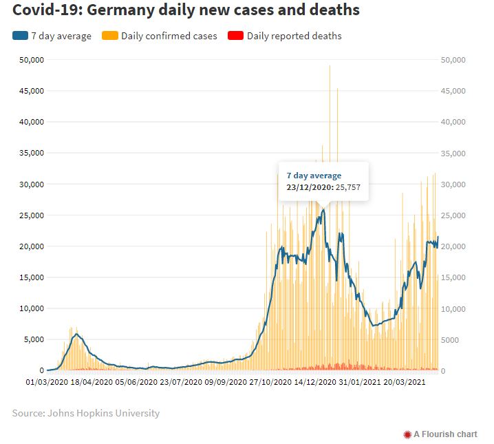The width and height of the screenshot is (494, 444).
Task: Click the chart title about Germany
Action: (x=186, y=10)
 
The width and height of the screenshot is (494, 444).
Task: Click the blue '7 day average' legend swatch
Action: (x=19, y=36)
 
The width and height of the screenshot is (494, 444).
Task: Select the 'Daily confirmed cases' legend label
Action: (x=169, y=36)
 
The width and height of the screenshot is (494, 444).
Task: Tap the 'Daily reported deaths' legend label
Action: (x=294, y=36)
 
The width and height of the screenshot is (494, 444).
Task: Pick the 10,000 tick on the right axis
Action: (x=452, y=309)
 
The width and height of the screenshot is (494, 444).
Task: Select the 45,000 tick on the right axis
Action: (x=452, y=92)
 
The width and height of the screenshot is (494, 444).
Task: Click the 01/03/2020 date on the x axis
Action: (x=47, y=381)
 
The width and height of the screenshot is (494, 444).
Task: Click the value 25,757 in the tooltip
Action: (x=349, y=187)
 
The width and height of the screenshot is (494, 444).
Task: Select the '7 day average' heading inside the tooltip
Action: (x=314, y=176)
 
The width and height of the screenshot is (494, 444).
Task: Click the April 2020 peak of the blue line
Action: (x=76, y=335)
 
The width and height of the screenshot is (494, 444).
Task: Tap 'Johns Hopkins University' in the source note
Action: (x=103, y=413)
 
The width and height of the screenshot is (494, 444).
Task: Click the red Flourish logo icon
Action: (x=407, y=434)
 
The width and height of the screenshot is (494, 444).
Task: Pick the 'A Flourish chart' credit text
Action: (x=445, y=434)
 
